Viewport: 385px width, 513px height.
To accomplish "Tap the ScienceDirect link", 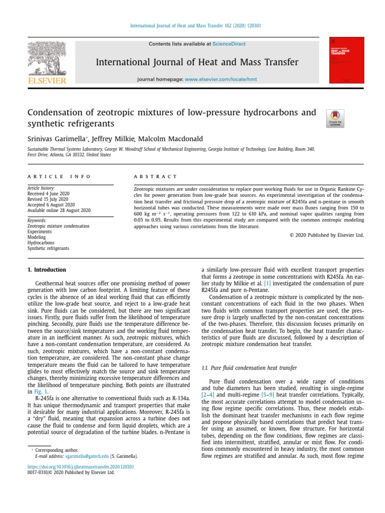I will click(229, 44).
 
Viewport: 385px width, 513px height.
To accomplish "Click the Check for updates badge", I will click(335, 118).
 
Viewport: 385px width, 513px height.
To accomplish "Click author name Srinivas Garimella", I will click(57, 139).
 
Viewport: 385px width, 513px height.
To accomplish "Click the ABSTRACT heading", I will click(155, 176).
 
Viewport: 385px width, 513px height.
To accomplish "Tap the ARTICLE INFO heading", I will click(60, 176).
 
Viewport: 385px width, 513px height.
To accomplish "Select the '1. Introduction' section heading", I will click(46, 270).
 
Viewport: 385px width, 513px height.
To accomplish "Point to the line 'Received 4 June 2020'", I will click(48, 193).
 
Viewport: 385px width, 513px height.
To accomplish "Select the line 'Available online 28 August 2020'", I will click(59, 210).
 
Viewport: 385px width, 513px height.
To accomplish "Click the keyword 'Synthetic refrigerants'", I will click(48, 248).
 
